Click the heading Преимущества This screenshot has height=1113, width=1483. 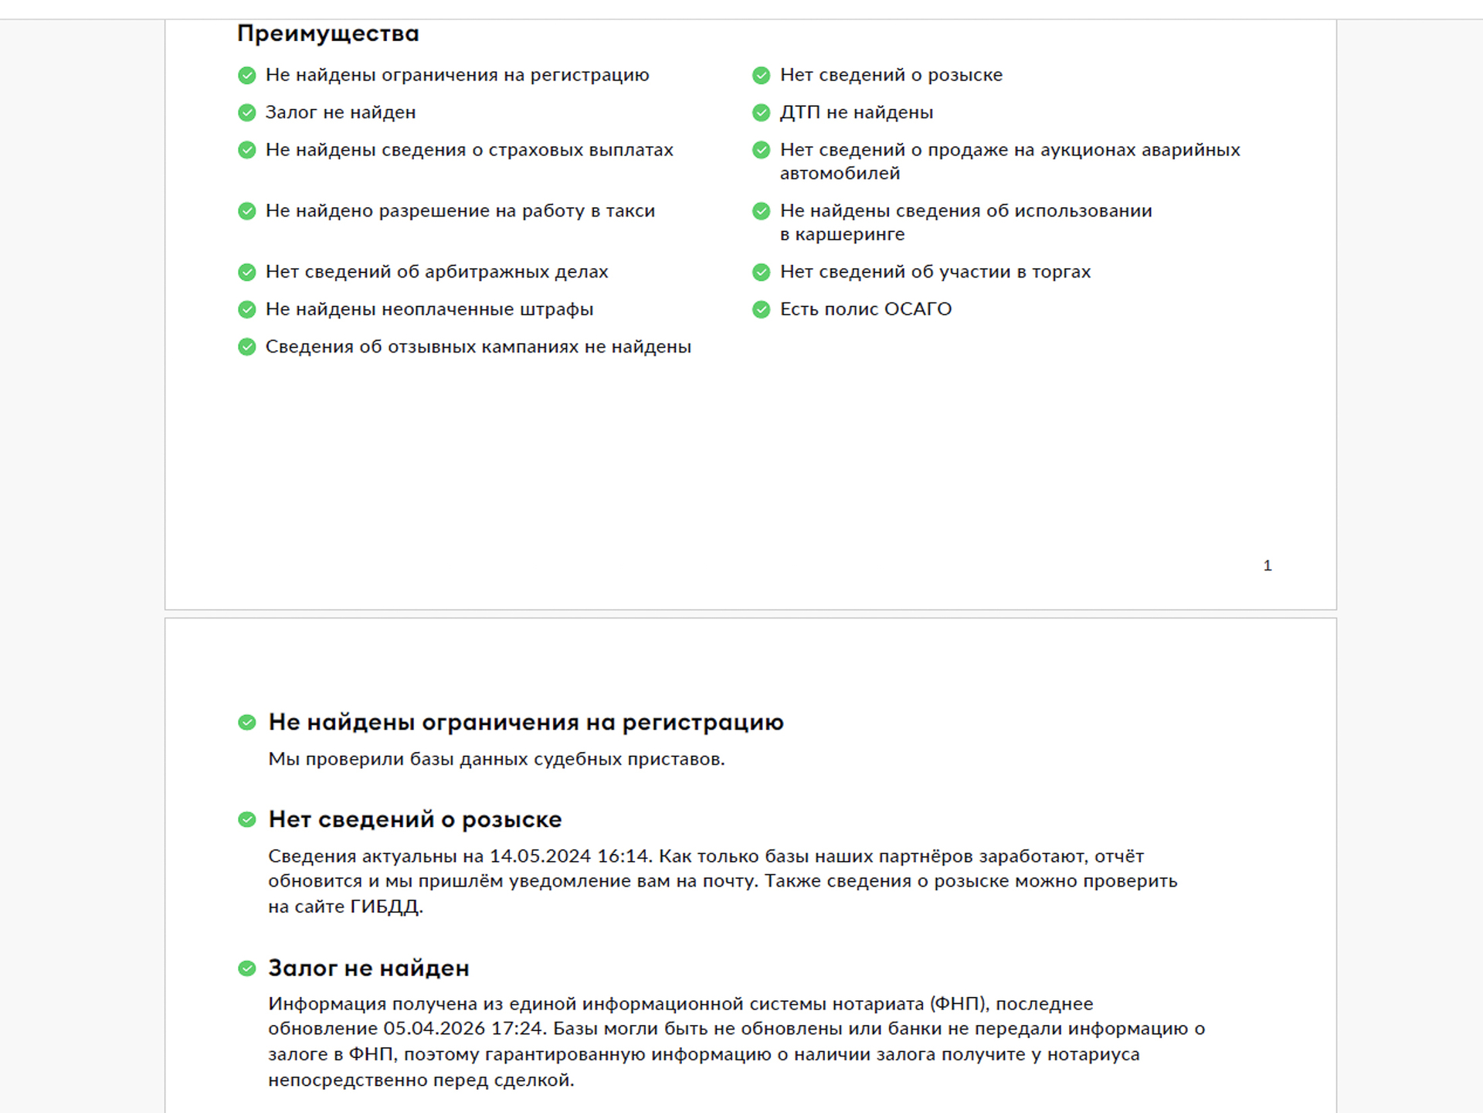327,33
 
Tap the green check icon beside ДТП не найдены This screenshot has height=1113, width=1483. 761,113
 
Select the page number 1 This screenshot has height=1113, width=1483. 1267,566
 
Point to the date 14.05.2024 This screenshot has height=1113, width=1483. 541,856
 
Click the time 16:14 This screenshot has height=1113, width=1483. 623,856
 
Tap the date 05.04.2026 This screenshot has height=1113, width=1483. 434,1029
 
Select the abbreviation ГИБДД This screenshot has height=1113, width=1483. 385,907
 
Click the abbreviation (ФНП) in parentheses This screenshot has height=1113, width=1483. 959,1004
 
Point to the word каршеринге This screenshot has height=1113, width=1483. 850,234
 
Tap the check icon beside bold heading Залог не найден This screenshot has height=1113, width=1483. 247,968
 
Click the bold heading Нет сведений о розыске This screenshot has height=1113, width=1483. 415,819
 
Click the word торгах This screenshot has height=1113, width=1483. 1061,272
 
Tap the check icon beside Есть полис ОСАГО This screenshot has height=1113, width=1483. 761,310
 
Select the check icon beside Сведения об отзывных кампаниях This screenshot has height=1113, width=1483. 247,347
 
